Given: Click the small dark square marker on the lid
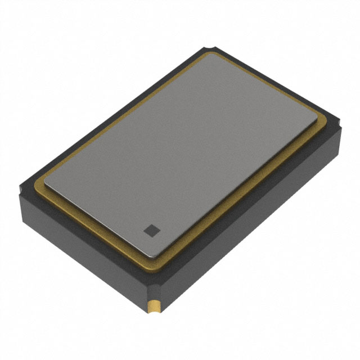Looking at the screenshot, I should click(150, 229).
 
